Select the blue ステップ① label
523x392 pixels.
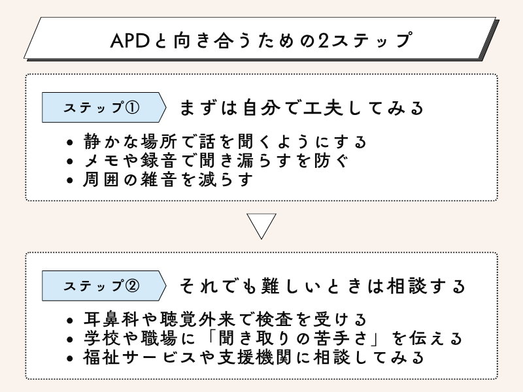[x=101, y=108]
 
